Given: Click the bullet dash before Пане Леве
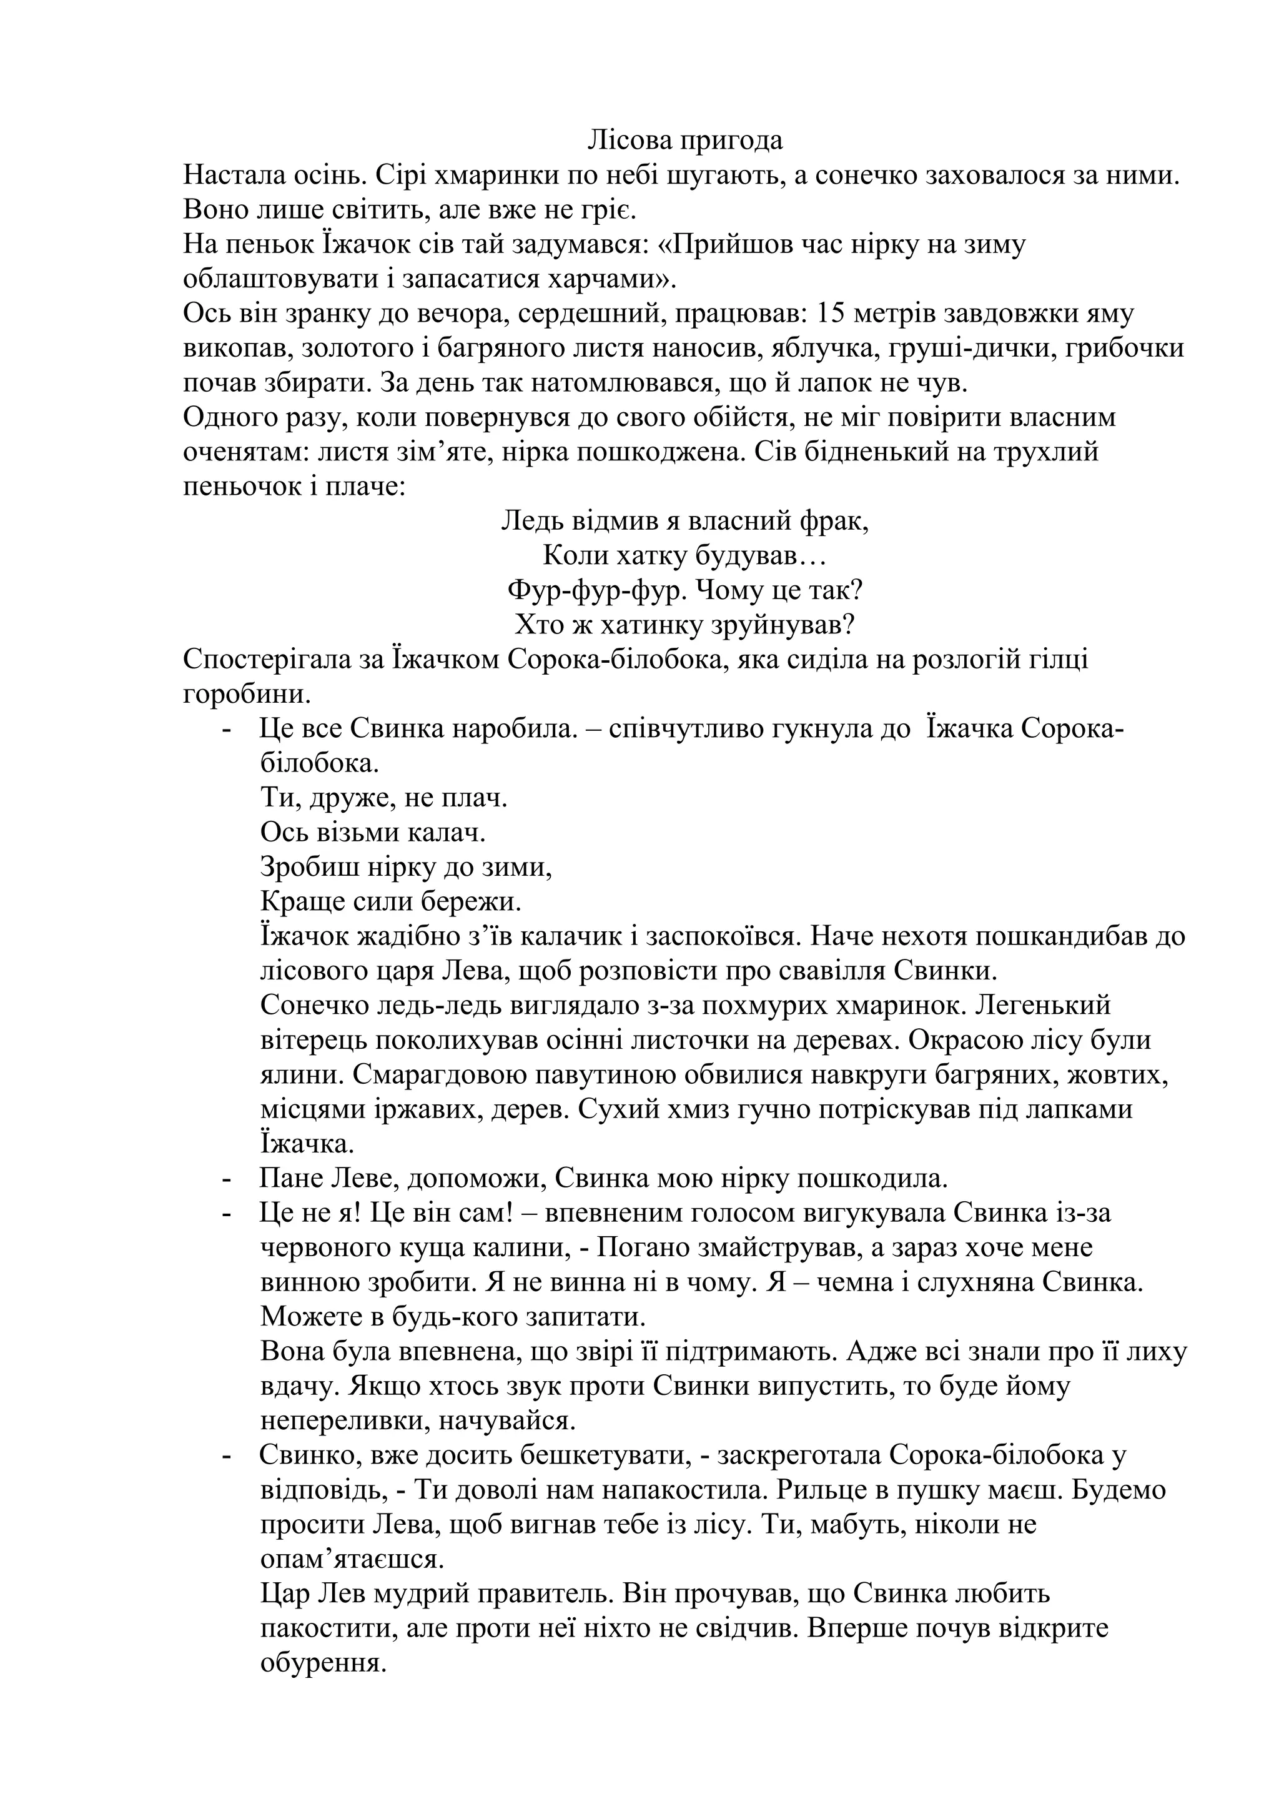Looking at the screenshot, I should (227, 1179).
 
